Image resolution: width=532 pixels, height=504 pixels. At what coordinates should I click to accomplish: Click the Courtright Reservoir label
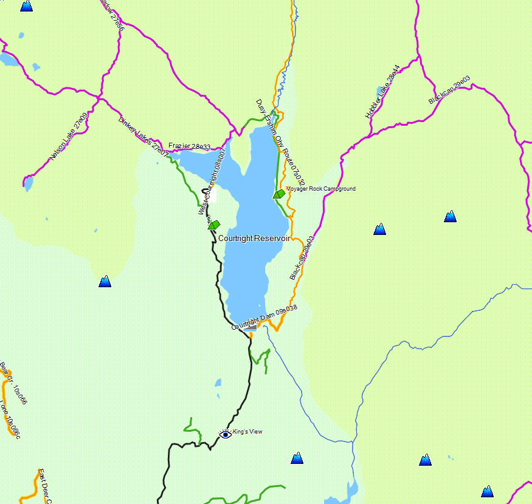pyautogui.click(x=254, y=239)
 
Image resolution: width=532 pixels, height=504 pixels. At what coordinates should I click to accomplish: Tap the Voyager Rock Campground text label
pyautogui.click(x=320, y=189)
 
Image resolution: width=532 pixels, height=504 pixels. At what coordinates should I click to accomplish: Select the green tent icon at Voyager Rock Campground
pyautogui.click(x=279, y=194)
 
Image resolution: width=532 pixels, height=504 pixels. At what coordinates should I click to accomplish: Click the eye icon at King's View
pyautogui.click(x=226, y=434)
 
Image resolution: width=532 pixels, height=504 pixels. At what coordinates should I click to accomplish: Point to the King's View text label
pyautogui.click(x=247, y=432)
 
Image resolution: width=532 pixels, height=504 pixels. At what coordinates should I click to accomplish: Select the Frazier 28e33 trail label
pyautogui.click(x=189, y=146)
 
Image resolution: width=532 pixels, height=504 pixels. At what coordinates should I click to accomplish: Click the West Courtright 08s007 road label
pyautogui.click(x=212, y=181)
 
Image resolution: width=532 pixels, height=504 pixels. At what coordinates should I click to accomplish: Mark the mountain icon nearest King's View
pyautogui.click(x=297, y=458)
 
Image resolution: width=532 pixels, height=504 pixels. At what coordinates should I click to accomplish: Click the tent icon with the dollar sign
pyautogui.click(x=213, y=224)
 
